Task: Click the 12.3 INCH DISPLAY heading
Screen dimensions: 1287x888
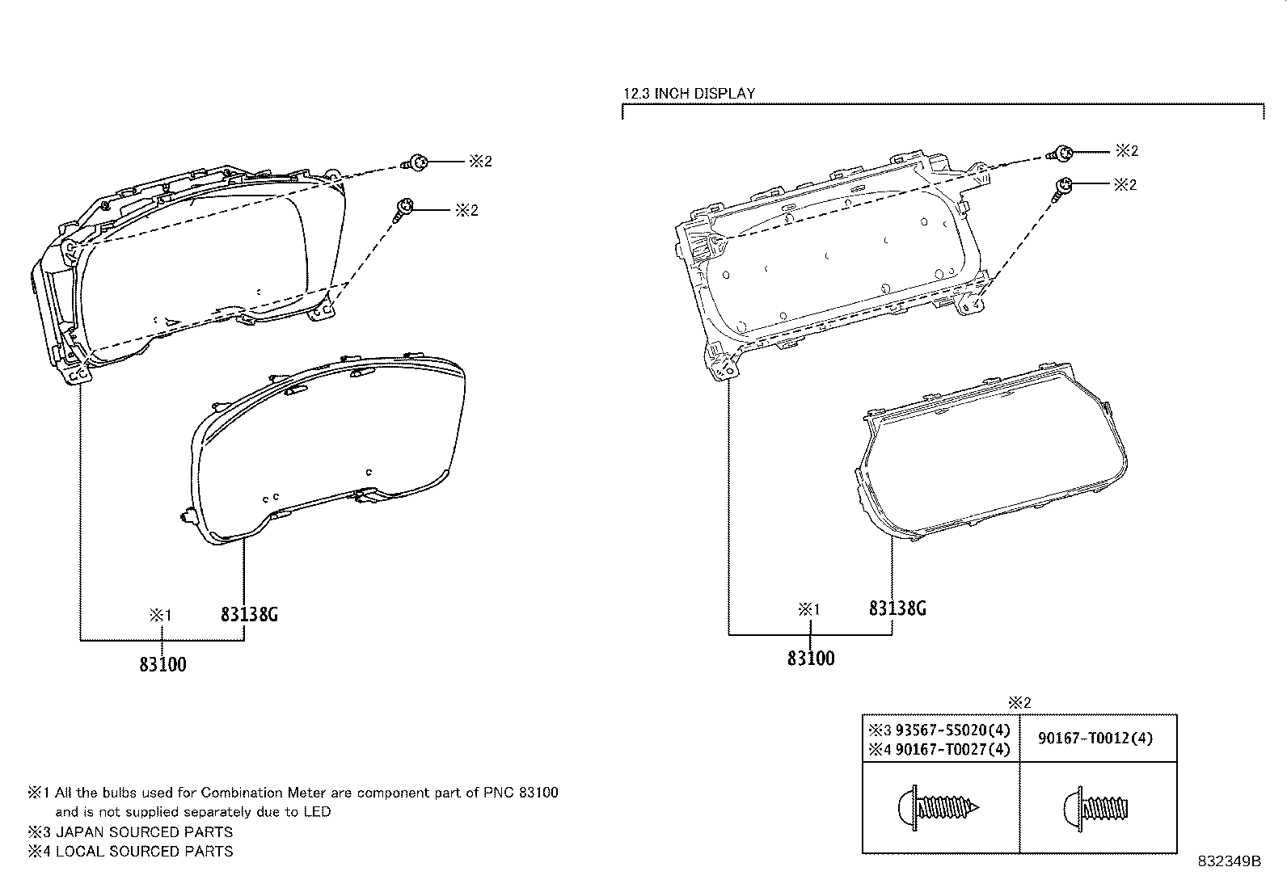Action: pyautogui.click(x=690, y=94)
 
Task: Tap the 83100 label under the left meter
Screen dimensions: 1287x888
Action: pyautogui.click(x=162, y=664)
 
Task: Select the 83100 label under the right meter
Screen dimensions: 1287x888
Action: pyautogui.click(x=811, y=659)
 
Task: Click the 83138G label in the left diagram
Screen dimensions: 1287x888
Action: pyautogui.click(x=249, y=615)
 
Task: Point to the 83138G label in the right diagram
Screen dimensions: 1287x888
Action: pyautogui.click(x=897, y=608)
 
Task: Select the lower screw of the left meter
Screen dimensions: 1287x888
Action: pyautogui.click(x=403, y=209)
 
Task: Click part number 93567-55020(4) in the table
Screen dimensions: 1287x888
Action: pyautogui.click(x=952, y=730)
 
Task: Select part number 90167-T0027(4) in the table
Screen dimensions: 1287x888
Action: pyautogui.click(x=952, y=750)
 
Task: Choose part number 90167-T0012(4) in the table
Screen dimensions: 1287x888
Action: pyautogui.click(x=1095, y=738)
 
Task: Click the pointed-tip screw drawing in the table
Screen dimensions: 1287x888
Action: pyautogui.click(x=939, y=808)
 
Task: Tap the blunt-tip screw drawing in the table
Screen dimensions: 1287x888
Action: pyautogui.click(x=1095, y=809)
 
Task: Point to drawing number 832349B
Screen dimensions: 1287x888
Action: pyautogui.click(x=1230, y=861)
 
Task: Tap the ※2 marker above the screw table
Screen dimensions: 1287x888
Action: pyautogui.click(x=1020, y=702)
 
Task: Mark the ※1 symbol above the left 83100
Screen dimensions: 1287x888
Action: pyautogui.click(x=160, y=615)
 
